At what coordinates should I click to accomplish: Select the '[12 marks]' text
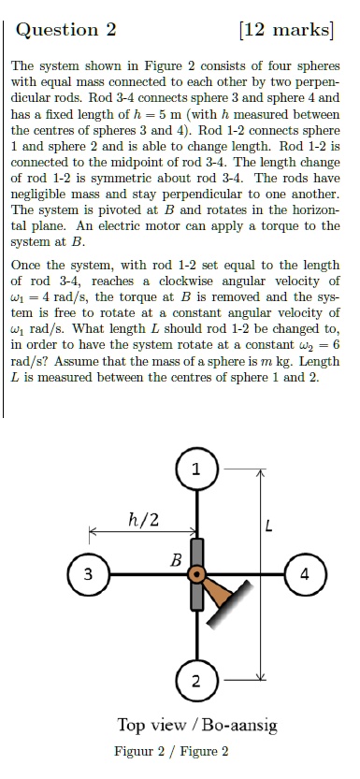tap(286, 29)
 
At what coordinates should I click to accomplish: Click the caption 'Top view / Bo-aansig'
tap(197, 726)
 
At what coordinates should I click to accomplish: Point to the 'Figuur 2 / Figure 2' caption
tap(172, 752)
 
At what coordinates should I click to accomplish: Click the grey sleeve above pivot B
tap(197, 550)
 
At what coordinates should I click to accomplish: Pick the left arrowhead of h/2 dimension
tap(94, 534)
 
